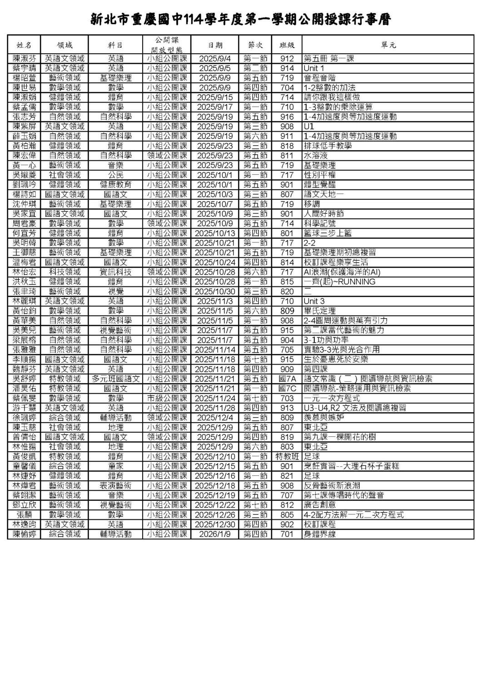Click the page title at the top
(241, 20)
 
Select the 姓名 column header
(24, 45)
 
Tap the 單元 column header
(388, 45)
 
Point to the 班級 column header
(287, 45)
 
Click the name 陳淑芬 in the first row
(24, 59)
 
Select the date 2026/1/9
(215, 534)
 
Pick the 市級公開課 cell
(167, 398)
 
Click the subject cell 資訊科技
(115, 272)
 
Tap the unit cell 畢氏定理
(320, 311)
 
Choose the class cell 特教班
(287, 456)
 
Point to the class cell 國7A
(287, 379)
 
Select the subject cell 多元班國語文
(115, 379)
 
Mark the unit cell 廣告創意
(320, 505)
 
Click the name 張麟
(24, 515)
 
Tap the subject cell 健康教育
(115, 185)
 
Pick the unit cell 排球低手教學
(328, 146)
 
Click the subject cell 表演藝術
(115, 486)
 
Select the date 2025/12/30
(215, 524)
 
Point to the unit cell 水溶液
(315, 156)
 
